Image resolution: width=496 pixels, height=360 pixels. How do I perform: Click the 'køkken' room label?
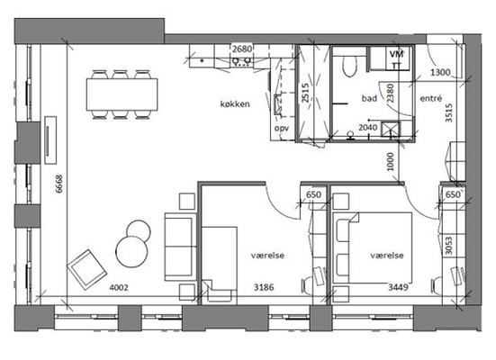pos(235,103)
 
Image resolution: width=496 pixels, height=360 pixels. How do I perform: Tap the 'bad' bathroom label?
pos(369,98)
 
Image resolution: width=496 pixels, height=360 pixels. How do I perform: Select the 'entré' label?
pos(431,98)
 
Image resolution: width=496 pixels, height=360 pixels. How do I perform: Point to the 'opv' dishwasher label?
pos(282,129)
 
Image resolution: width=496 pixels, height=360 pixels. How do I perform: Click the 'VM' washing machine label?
pos(396,54)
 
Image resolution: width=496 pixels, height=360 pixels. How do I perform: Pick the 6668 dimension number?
pos(59,184)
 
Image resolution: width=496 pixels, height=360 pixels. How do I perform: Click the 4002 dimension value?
pos(119,287)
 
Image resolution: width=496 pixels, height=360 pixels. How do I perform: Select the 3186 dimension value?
pos(264,287)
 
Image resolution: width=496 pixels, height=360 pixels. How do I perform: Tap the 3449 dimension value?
pos(398,287)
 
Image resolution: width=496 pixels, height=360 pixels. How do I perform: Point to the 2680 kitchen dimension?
pos(242,49)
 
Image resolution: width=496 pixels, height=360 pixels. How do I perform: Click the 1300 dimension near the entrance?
pos(440,72)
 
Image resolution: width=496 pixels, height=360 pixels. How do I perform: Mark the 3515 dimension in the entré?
pos(449,112)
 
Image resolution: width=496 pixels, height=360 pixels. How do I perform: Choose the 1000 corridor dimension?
pos(391,162)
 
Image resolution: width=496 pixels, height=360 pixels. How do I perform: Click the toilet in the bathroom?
pos(349,66)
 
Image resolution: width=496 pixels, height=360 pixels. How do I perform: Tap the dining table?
pos(122,94)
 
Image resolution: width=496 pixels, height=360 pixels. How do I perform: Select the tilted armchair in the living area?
pos(86,269)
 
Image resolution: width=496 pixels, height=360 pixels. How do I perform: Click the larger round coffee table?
pos(131,252)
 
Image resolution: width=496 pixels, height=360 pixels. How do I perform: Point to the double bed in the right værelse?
pos(373,247)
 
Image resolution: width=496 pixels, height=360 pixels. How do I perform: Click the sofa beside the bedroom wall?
pos(180,247)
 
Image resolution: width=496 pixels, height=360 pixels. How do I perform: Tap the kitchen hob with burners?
pos(241,62)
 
